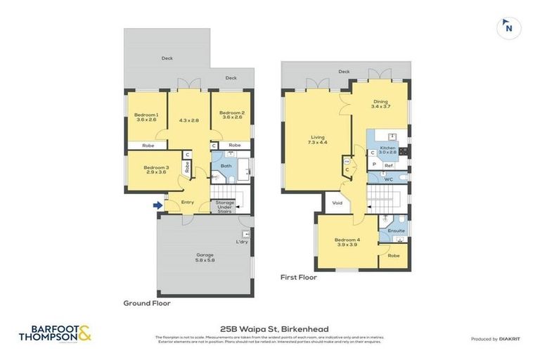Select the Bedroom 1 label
pos(147,117)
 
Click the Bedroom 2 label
pos(231,116)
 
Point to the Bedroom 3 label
pos(156,170)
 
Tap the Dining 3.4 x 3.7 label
pos(380,103)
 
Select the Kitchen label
pos(387,149)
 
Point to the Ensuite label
pos(397,230)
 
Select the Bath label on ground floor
pos(226,166)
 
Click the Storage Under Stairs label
pos(225,207)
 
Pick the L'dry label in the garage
pos(242,243)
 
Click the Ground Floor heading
pos(147,304)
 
